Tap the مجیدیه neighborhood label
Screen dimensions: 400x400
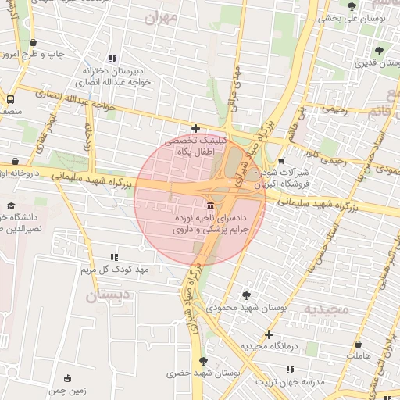[x=334, y=309]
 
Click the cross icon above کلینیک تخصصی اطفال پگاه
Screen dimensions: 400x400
[x=195, y=129]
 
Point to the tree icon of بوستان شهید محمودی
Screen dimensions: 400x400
[x=247, y=295]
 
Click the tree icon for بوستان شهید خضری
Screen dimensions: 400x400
[x=203, y=361]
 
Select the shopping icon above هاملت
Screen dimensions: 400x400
[x=358, y=344]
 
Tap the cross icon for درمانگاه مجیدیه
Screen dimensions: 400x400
[x=268, y=334]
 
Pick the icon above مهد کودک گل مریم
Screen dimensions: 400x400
[x=114, y=257]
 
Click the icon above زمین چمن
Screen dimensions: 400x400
[x=67, y=378]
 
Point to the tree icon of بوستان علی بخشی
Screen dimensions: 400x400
[x=352, y=6]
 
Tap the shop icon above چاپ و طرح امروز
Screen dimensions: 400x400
[x=33, y=44]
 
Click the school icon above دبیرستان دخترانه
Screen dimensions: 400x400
[x=113, y=59]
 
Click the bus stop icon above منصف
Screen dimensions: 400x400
[x=10, y=99]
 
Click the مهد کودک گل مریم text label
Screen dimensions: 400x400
[x=120, y=270]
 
